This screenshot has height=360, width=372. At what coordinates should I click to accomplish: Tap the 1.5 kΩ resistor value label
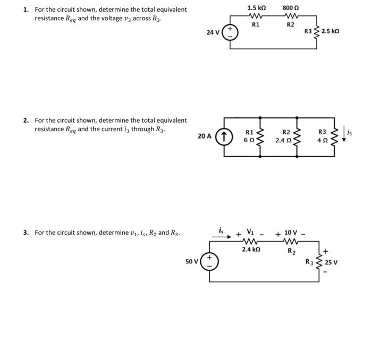click(256, 8)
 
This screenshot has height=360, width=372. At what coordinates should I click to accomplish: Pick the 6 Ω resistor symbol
click(261, 136)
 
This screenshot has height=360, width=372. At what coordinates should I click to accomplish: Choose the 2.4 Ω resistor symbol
click(298, 136)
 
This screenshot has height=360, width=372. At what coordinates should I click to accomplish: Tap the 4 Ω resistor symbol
click(334, 136)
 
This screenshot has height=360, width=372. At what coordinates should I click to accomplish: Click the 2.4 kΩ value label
click(250, 248)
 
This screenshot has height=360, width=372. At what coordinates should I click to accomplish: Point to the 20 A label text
click(205, 136)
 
